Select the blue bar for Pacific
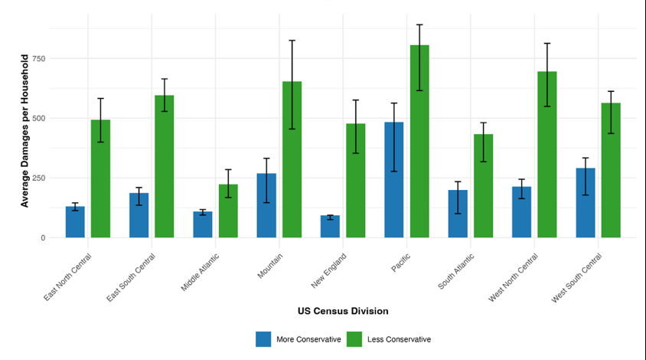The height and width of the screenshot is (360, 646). point(394,180)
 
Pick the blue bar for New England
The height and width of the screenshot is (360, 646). point(330,227)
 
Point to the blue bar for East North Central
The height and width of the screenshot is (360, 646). point(75,222)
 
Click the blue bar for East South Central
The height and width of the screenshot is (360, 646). point(139,215)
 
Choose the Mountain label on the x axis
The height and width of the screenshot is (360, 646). point(272,264)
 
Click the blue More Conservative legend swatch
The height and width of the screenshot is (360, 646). point(264,339)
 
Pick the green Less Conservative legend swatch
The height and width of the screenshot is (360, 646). point(354,339)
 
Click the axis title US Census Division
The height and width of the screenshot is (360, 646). point(343,311)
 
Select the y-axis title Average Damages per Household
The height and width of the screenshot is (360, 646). point(24,130)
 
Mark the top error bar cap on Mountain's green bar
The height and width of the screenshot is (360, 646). point(292,40)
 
